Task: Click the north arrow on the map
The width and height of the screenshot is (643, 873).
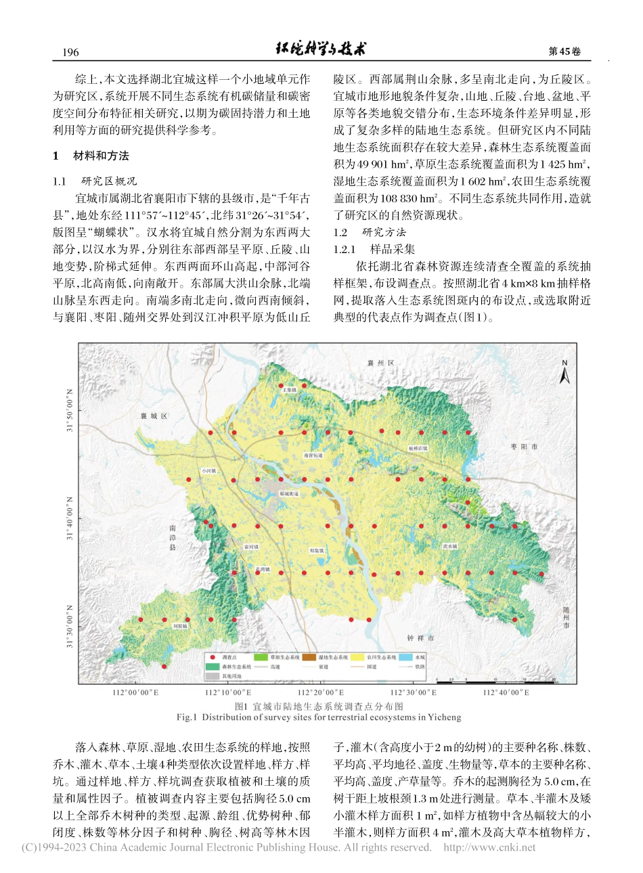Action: [x=564, y=372]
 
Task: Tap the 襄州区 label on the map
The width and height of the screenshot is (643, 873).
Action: [x=380, y=363]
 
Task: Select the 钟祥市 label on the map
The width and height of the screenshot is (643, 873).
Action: [x=420, y=638]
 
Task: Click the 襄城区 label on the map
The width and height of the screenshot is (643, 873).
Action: [x=154, y=416]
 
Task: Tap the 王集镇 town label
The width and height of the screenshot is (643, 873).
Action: [x=289, y=390]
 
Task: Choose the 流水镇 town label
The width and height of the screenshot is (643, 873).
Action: [x=450, y=545]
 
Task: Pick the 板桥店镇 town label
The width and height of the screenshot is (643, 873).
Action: [x=418, y=448]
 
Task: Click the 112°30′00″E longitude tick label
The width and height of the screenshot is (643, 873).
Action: [x=414, y=692]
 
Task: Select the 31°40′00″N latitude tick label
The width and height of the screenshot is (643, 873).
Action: [x=70, y=518]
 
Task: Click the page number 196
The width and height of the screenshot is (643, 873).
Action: [x=70, y=52]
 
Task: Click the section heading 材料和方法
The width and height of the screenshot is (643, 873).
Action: [x=101, y=156]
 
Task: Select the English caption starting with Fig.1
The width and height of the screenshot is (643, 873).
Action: [x=319, y=717]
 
